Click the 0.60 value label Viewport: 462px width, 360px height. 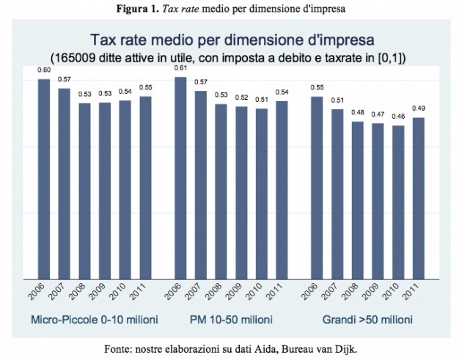click(x=44, y=70)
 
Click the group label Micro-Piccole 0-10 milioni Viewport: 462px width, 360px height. click(x=92, y=320)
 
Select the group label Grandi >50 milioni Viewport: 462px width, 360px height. click(x=366, y=320)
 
